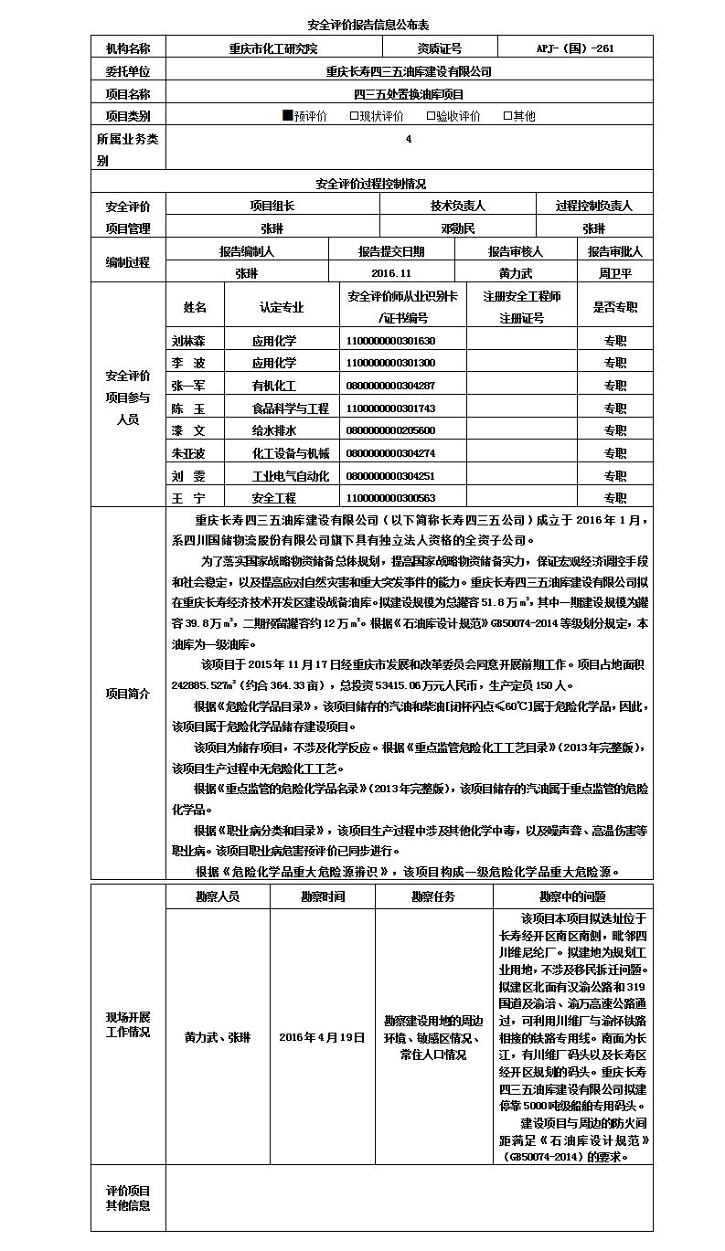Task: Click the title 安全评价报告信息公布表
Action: pos(361,24)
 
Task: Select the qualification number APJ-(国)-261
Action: pos(575,48)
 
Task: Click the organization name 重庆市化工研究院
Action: pos(272,48)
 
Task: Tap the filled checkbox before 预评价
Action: pos(287,116)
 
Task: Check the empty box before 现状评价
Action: pos(354,116)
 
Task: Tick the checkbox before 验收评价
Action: pos(431,116)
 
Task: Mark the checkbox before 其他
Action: pos(507,116)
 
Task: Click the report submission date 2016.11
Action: pos(392,273)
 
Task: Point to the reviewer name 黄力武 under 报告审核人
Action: pos(516,273)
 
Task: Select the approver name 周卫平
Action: pos(615,273)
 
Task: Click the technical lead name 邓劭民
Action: pos(458,228)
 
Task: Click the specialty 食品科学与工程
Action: pos(290,408)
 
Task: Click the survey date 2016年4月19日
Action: pos(322,1038)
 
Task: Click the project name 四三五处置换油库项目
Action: pos(409,93)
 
